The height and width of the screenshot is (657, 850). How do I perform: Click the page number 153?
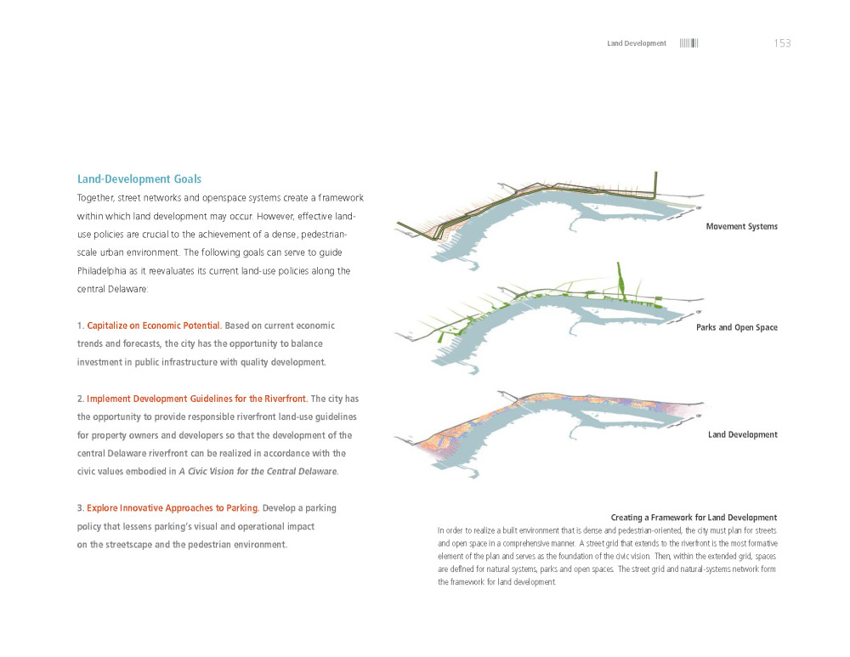tap(782, 43)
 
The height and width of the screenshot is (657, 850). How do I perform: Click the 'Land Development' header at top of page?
tap(637, 43)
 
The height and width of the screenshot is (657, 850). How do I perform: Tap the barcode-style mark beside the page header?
tap(688, 43)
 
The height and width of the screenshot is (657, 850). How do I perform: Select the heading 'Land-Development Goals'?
tap(139, 179)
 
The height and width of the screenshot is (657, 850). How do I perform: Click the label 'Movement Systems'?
tap(741, 227)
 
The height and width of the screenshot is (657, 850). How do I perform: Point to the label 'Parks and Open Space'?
tap(736, 328)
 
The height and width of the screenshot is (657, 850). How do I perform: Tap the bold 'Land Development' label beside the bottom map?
tap(742, 435)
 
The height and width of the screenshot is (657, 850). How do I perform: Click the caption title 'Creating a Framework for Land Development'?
tap(694, 518)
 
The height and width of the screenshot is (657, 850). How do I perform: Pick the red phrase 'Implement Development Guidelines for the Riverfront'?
tap(197, 399)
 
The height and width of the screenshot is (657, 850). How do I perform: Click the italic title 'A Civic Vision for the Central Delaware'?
tap(258, 472)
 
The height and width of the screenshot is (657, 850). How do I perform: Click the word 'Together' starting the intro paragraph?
tap(98, 198)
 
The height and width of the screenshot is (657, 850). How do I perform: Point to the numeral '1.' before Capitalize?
tap(81, 326)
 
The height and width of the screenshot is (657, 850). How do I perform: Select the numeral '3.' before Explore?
tap(81, 508)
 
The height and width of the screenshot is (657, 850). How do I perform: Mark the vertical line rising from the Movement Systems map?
tap(656, 183)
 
